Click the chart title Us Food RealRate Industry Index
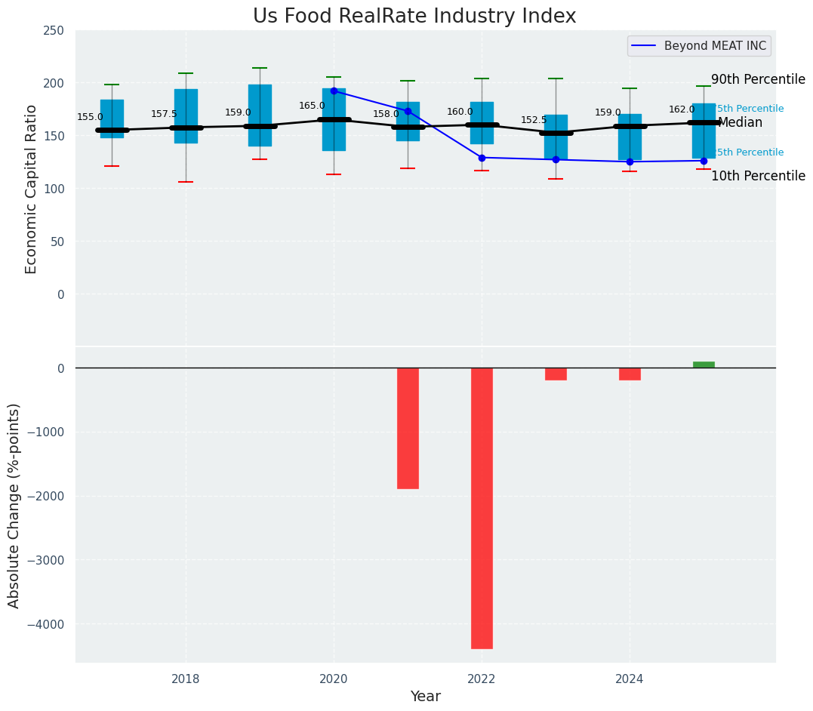click(414, 17)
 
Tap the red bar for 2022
click(482, 508)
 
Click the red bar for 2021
click(408, 428)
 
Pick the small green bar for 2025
click(704, 365)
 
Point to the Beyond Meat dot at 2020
click(334, 91)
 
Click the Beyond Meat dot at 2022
click(482, 158)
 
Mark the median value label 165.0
click(312, 106)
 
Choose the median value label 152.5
click(534, 120)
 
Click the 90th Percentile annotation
click(758, 79)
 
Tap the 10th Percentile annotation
click(758, 176)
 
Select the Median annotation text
click(740, 122)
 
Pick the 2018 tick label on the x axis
click(186, 679)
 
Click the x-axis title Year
click(425, 697)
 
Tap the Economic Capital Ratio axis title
click(31, 189)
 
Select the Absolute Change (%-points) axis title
click(14, 505)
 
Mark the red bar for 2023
click(556, 374)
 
